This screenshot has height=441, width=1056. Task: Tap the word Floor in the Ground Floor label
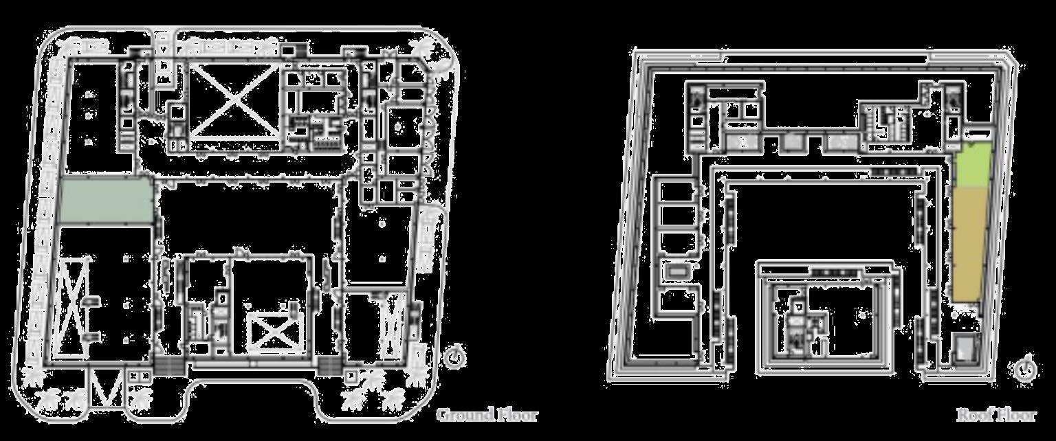click(x=516, y=415)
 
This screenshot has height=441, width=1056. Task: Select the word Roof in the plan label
click(x=973, y=415)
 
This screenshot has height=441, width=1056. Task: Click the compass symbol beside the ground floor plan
click(x=454, y=357)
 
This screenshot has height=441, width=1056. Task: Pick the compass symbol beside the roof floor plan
click(x=1024, y=368)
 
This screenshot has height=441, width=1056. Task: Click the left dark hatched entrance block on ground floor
click(x=168, y=366)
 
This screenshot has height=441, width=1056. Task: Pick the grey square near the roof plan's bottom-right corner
click(x=966, y=348)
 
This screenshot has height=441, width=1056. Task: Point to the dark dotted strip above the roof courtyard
click(x=894, y=171)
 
